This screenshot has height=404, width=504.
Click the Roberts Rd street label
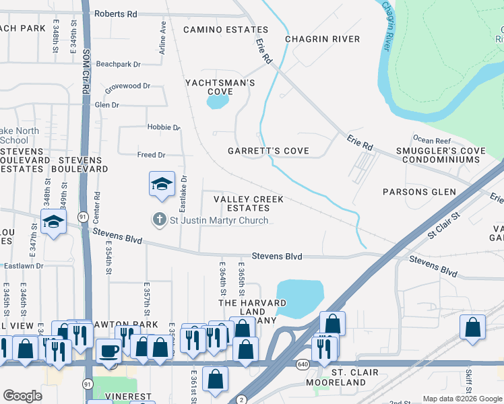(115, 13)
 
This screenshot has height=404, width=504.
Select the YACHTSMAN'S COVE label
(220, 87)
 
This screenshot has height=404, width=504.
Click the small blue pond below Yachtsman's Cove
(217, 102)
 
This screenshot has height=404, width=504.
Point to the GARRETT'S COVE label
(268, 151)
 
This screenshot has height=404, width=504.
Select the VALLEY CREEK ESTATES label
(248, 204)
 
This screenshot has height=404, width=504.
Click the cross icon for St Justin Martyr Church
(159, 220)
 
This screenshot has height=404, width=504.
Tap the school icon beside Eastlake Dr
(162, 184)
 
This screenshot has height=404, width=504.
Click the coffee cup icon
(109, 350)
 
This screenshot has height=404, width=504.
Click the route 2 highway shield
(241, 399)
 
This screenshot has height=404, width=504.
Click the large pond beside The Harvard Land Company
(299, 298)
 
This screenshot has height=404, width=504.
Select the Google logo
(23, 396)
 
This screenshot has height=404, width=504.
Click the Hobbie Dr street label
(164, 127)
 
